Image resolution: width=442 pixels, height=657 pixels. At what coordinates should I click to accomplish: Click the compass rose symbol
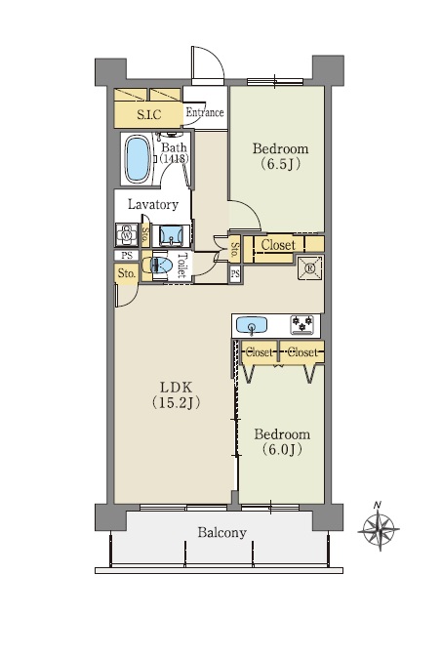379,530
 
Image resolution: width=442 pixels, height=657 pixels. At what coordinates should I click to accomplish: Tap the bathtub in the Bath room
138,159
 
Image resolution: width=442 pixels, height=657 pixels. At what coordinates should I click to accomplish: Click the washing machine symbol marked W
127,235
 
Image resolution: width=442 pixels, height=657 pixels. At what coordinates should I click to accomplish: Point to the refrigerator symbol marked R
310,268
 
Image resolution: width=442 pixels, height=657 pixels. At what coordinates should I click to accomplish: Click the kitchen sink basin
252,325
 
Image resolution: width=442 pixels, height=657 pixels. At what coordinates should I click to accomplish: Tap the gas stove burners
302,325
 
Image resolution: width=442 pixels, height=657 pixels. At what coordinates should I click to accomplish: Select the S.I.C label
148,114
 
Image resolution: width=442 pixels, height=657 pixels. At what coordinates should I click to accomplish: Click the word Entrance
205,112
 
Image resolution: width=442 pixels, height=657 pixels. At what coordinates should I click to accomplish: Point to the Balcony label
222,533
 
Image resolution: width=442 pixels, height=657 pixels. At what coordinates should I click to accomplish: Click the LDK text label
176,386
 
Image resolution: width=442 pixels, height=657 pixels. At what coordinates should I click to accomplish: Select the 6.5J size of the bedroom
281,164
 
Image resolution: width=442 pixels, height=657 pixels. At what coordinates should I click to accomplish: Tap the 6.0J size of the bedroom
282,450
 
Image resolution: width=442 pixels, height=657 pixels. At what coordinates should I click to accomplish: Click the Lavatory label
153,204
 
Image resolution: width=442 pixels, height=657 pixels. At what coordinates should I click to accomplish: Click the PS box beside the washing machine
127,255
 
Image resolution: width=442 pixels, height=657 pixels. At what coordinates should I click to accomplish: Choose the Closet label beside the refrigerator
278,245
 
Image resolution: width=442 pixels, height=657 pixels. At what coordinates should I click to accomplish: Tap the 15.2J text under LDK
176,402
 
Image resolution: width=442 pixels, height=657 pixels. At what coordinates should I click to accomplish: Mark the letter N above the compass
378,505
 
